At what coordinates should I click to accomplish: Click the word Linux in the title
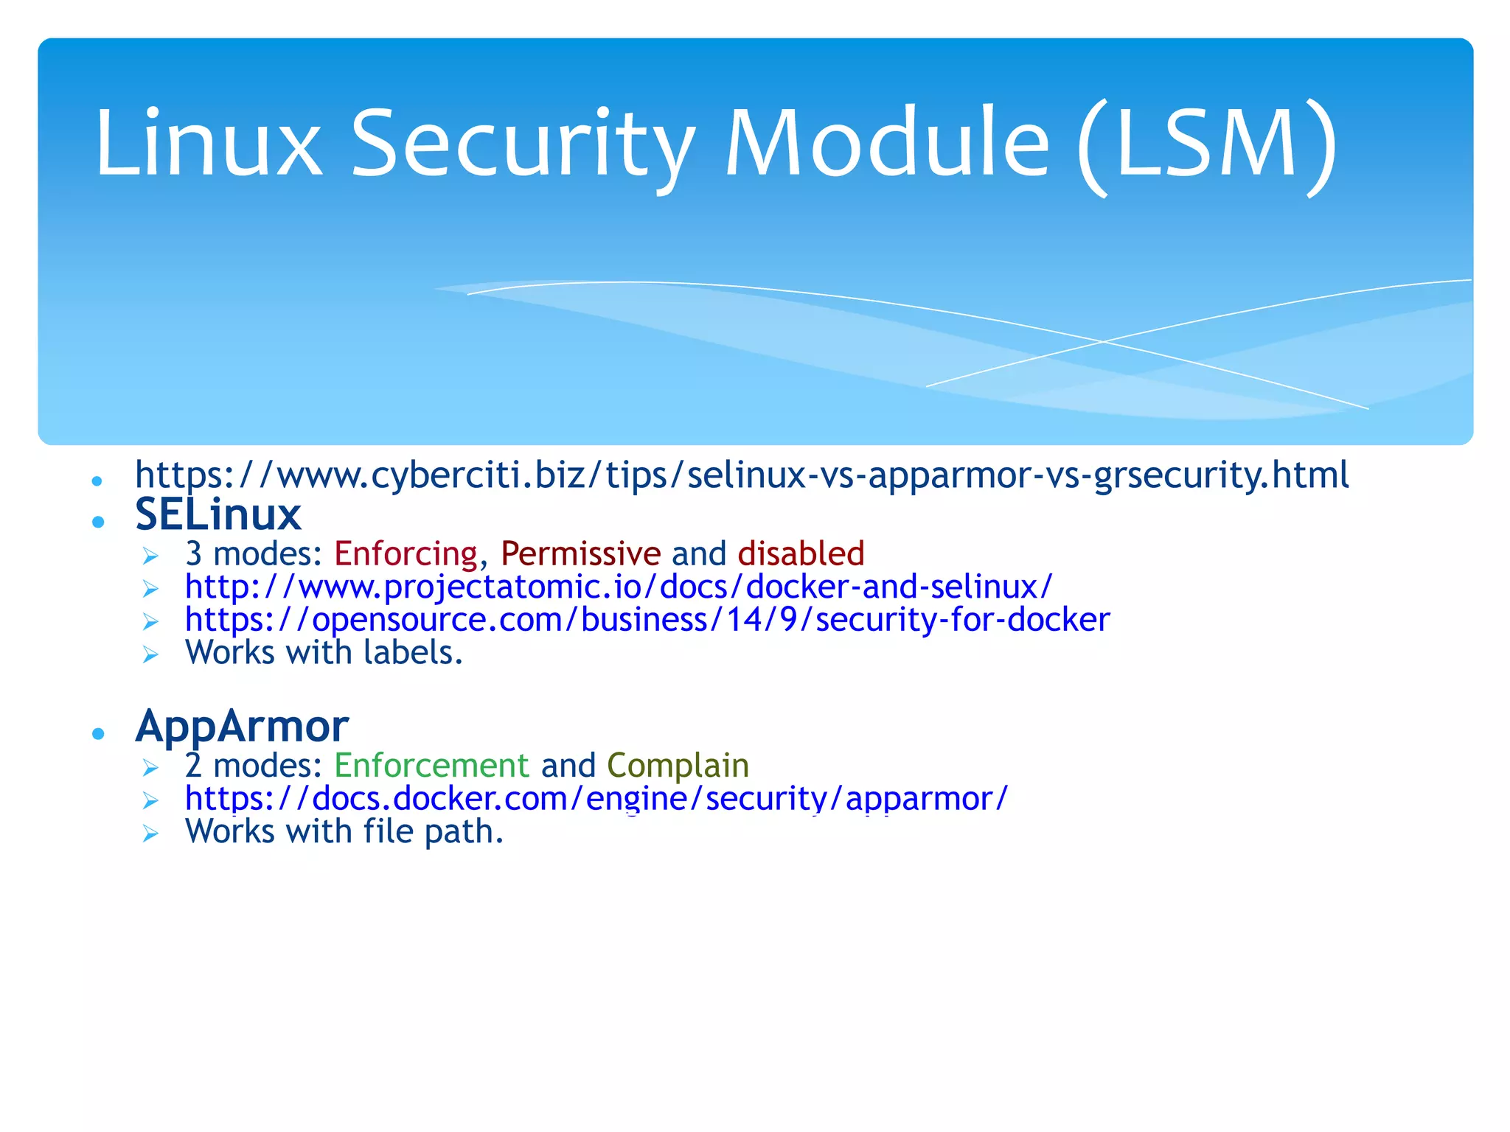pyautogui.click(x=209, y=143)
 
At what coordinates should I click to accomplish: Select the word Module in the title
pyautogui.click(x=886, y=143)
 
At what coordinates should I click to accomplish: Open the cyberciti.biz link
pyautogui.click(x=742, y=475)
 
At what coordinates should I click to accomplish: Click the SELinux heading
pyautogui.click(x=218, y=514)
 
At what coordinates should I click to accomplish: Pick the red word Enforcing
pyautogui.click(x=406, y=553)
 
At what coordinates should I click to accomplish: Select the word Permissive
pyautogui.click(x=581, y=553)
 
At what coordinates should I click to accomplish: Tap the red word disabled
pyautogui.click(x=801, y=553)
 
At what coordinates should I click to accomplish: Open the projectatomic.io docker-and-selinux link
pyautogui.click(x=619, y=587)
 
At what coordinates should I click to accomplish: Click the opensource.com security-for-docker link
pyautogui.click(x=647, y=620)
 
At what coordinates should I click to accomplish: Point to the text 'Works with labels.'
pyautogui.click(x=324, y=653)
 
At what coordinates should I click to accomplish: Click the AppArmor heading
pyautogui.click(x=242, y=727)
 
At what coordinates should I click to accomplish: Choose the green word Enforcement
pyautogui.click(x=431, y=766)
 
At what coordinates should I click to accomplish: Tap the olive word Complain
pyautogui.click(x=678, y=766)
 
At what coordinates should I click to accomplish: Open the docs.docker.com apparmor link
pyautogui.click(x=596, y=799)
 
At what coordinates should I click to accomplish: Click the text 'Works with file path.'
pyautogui.click(x=344, y=832)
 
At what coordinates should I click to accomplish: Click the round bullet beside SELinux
pyautogui.click(x=98, y=522)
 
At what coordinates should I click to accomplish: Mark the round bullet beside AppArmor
pyautogui.click(x=98, y=733)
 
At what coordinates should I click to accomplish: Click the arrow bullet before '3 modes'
pyautogui.click(x=150, y=556)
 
